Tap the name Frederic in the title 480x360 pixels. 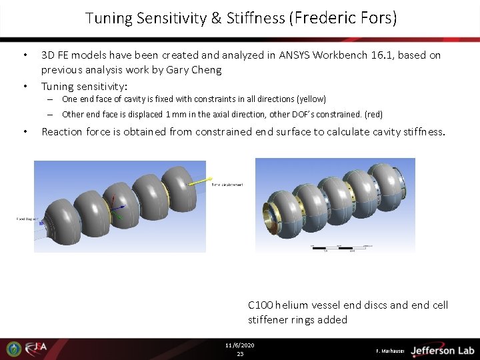319,19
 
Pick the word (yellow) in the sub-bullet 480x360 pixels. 311,99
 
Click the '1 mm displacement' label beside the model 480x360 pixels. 227,185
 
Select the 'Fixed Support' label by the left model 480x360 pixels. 26,218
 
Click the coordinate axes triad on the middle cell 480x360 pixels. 116,206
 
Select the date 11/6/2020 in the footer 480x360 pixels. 240,345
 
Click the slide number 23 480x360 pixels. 240,353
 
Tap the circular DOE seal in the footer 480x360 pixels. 13,349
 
